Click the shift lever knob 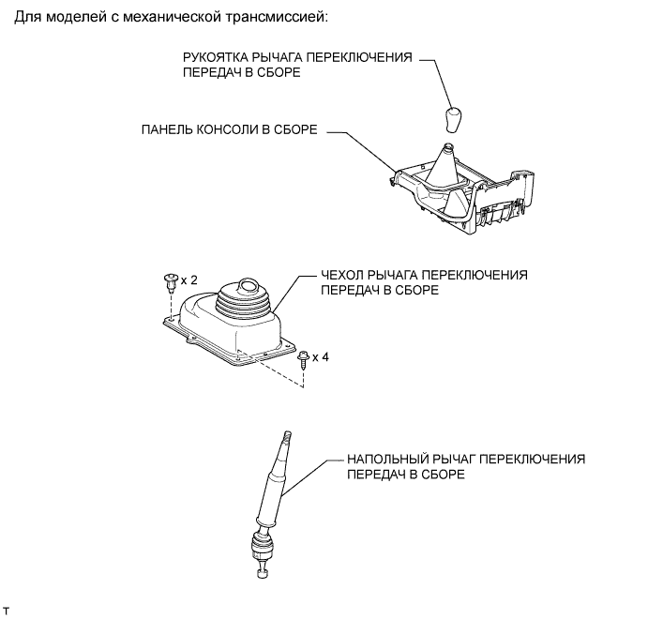tap(453, 120)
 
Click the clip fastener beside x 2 tap(170, 280)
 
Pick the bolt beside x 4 tap(303, 357)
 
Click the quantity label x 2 tap(189, 279)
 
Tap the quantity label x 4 tap(321, 357)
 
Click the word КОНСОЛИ tap(233, 132)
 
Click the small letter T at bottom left tap(8, 610)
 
